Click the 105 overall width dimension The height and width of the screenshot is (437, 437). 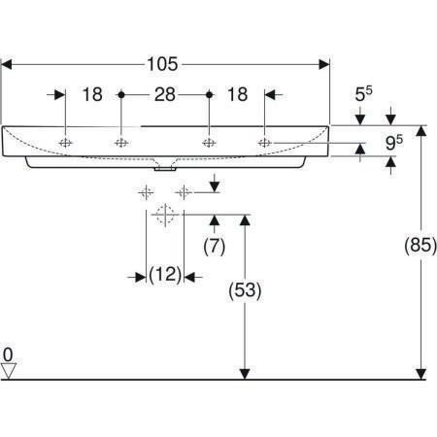pos(162,64)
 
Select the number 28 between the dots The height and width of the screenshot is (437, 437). pos(165,94)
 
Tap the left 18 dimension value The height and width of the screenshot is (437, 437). pos(92,94)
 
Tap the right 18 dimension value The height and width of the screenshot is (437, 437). pos(238,94)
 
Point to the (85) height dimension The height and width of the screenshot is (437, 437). pos(420,245)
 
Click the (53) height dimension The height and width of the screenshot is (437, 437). pos(245,290)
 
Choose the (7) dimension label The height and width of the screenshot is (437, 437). pos(215,247)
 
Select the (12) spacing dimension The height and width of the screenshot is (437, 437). pos(165,275)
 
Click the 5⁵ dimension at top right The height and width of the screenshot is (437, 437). pos(363,93)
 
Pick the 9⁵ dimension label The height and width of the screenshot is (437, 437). pos(394,143)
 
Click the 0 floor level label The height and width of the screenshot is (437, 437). pos(8,354)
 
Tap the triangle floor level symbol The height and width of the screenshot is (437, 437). pos(9,370)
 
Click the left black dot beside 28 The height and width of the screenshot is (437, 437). pos(121,95)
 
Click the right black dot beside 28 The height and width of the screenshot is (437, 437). pos(210,95)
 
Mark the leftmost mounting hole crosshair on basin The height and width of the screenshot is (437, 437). pos(66,143)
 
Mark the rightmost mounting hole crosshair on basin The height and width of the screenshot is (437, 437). pos(265,143)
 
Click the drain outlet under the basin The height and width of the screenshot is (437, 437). pos(165,169)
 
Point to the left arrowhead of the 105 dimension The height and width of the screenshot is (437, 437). pos(7,64)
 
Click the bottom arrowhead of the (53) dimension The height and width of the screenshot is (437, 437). pos(245,374)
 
